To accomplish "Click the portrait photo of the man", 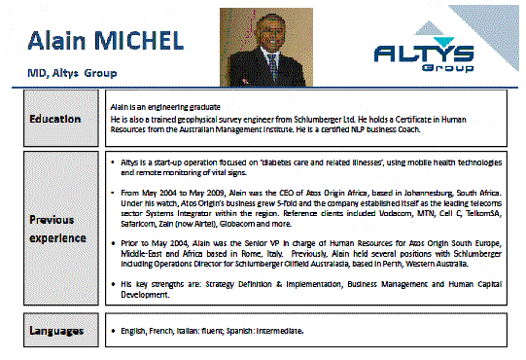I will [251, 47].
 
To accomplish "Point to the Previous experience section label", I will [53, 228].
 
